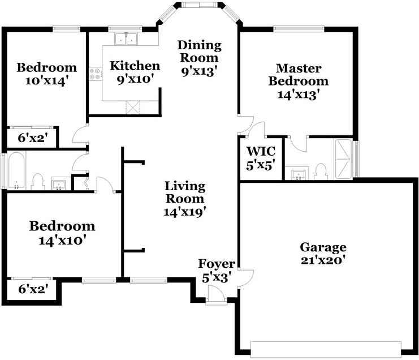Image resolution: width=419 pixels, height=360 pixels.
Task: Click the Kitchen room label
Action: pos(135,66)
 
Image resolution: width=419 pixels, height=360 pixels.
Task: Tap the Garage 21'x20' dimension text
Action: pos(323,260)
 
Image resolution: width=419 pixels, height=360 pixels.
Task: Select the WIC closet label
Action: pos(261,151)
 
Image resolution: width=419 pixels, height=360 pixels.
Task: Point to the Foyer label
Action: pos(217,264)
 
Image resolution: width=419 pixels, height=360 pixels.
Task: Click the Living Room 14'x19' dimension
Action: pos(185,212)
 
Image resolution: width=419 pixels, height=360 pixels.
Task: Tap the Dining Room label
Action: pos(200,52)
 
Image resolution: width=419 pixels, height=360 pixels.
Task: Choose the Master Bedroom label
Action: pos(299,75)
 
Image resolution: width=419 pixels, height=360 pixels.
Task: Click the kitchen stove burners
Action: pos(95,74)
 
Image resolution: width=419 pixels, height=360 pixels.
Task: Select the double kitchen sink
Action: pos(126,39)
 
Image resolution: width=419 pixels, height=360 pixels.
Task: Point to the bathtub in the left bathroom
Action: pos(16,170)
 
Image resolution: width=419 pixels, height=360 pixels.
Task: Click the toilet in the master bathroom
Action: pos(321,172)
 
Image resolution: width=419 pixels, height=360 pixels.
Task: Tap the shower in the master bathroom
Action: pos(343,159)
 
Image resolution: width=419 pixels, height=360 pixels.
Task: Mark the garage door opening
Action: pos(326,349)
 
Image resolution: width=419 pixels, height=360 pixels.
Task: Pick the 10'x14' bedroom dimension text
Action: pos(45,81)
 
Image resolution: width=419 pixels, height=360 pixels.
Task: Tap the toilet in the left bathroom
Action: pos(38,182)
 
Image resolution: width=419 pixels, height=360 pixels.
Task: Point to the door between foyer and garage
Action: pos(245,278)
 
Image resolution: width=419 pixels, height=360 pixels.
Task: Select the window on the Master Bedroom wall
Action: pos(299,29)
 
